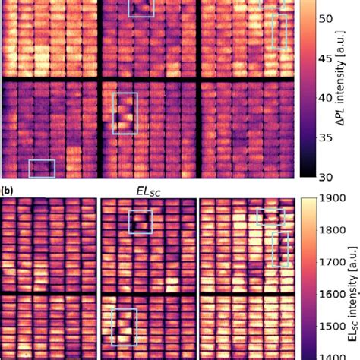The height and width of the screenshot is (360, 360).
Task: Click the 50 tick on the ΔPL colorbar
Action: coord(326,19)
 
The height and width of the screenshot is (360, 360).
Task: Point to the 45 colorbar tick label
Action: coord(326,58)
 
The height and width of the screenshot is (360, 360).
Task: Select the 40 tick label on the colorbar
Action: coord(326,98)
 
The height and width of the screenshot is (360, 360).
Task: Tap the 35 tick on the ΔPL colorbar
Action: coord(326,138)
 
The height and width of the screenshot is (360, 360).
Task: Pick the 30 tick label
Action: coord(326,178)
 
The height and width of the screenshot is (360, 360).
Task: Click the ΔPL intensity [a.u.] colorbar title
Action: coord(341,78)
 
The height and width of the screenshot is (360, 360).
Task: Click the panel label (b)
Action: coord(7,191)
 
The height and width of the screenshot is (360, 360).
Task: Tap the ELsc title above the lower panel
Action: coord(148,191)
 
